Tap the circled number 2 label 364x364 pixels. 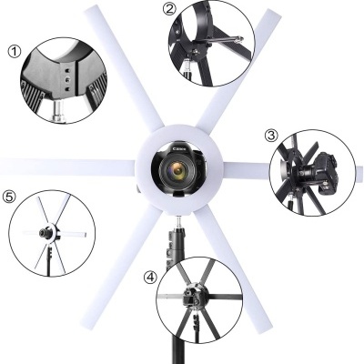(169, 10)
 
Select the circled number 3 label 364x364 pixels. (270, 136)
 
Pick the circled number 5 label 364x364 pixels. (10, 194)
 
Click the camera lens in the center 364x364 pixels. (178, 169)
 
